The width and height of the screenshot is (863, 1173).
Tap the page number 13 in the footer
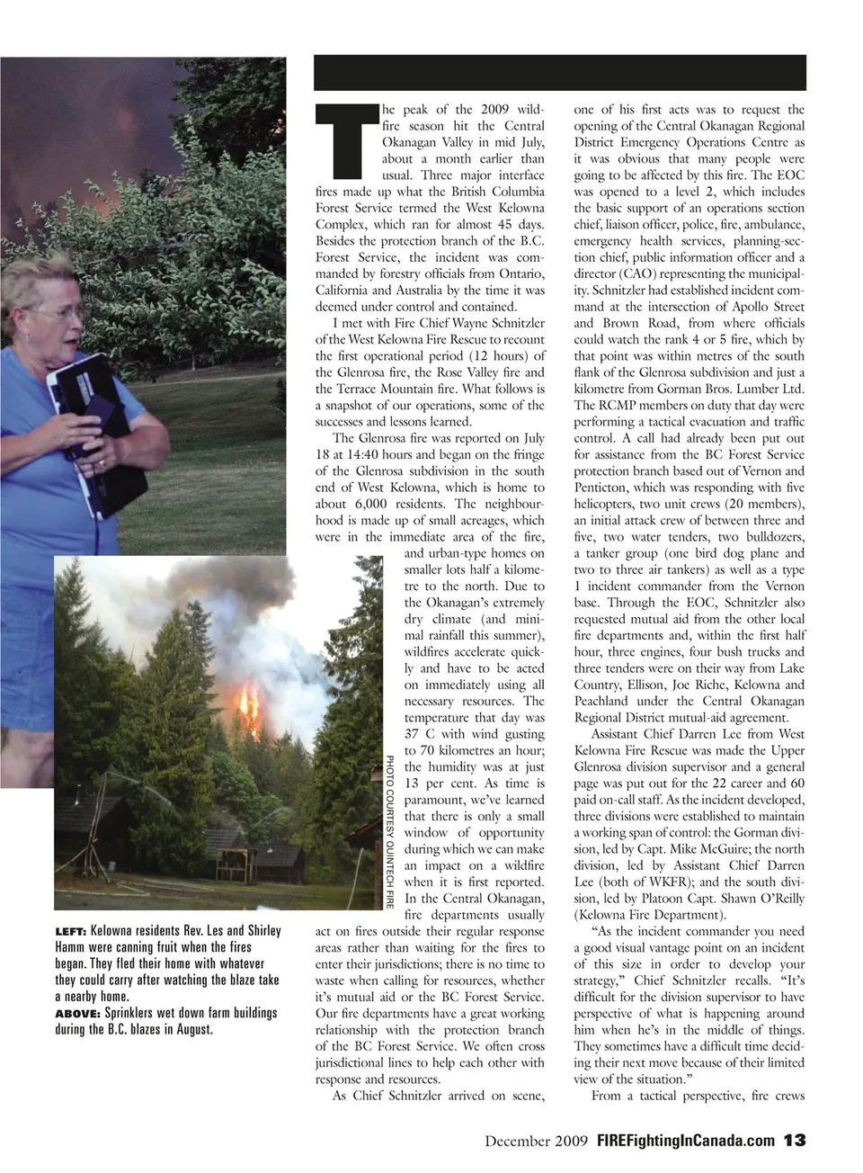pyautogui.click(x=794, y=1140)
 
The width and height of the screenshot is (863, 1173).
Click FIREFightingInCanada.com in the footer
pyautogui.click(x=686, y=1141)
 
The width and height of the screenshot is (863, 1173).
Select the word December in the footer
pyautogui.click(x=515, y=1141)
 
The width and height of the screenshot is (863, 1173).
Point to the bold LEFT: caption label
pyautogui.click(x=71, y=931)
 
